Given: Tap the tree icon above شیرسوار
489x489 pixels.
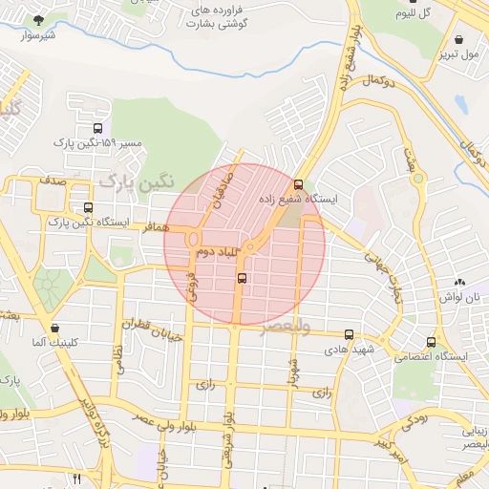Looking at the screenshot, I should pos(38,20).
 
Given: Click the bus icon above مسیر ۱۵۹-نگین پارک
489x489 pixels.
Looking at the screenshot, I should pos(97,128).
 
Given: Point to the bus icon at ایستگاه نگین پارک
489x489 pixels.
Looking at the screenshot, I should pos(89,207).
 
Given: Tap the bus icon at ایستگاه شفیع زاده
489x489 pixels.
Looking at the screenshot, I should pos(299,184).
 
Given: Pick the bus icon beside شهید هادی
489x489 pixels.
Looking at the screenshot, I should pos(349,335).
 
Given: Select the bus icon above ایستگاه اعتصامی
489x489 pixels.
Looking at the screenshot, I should pos(432,342).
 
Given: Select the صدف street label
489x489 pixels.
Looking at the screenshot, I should pos(53,179).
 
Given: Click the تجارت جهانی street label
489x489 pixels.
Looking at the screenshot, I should pos(387,277).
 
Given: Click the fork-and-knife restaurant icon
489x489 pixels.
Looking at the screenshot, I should pos(76,478).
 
